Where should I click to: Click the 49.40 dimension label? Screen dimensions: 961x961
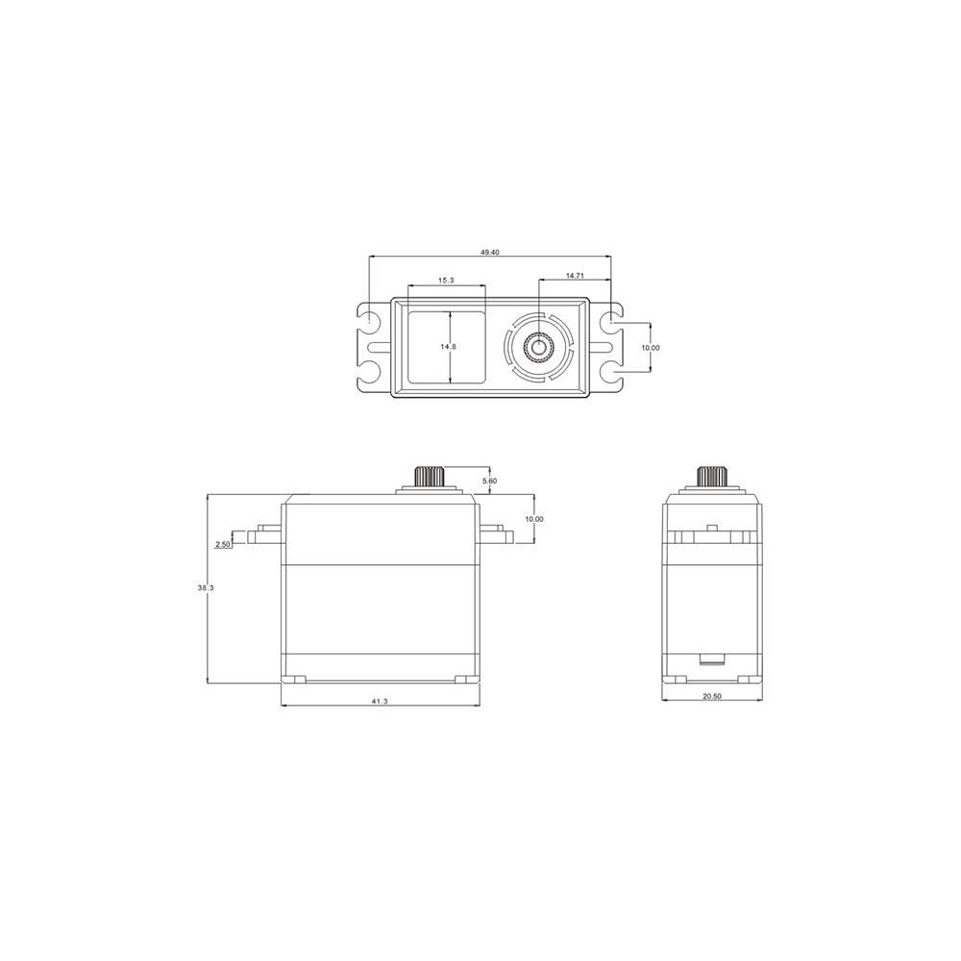click(x=491, y=252)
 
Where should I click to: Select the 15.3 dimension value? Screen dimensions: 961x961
click(x=446, y=280)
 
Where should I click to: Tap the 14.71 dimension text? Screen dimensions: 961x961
click(x=575, y=276)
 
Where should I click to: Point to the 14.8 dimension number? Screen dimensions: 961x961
click(x=448, y=346)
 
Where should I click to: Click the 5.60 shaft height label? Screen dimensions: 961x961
click(x=490, y=481)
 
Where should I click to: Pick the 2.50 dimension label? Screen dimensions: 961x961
click(x=223, y=544)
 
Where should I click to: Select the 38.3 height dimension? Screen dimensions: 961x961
click(x=206, y=587)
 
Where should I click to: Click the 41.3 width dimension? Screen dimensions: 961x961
click(x=380, y=702)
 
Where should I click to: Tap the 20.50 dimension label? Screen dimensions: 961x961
click(x=712, y=696)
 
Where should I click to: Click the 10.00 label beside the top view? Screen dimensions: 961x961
click(x=651, y=348)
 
